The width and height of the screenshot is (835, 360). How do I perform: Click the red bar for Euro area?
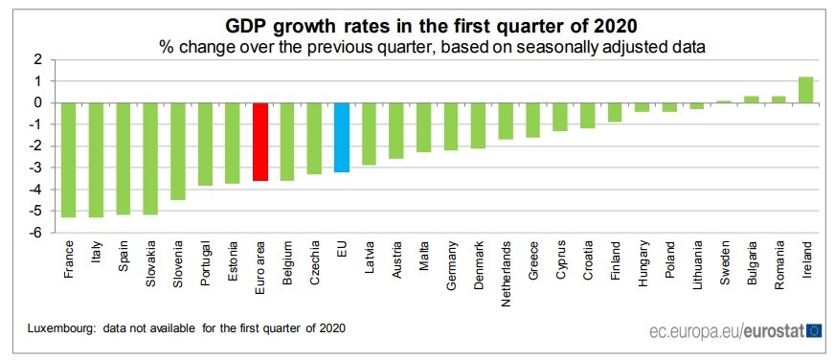(260, 141)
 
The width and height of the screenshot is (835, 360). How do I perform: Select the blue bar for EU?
(342, 137)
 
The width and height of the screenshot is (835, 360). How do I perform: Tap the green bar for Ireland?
(805, 89)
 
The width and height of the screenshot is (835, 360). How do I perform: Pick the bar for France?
(68, 159)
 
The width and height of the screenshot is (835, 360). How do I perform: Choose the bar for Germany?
(451, 125)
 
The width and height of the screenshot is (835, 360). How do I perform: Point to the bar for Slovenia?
(177, 150)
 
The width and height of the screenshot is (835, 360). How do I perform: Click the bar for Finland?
(615, 112)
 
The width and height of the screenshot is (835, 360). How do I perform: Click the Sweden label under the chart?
(724, 258)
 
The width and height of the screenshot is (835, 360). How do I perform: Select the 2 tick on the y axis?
(36, 59)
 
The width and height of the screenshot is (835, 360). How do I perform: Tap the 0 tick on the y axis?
(36, 102)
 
